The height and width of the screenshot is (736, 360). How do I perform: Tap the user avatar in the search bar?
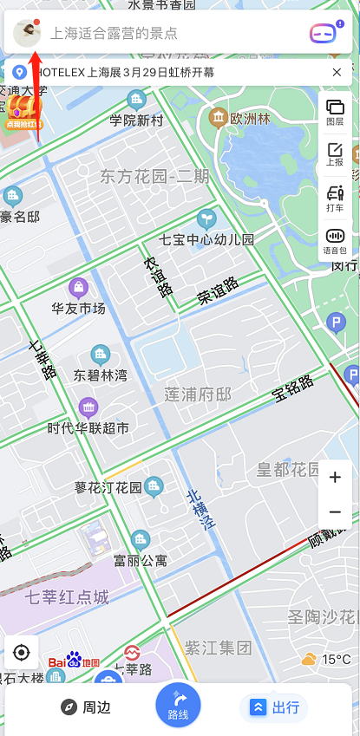click(x=28, y=33)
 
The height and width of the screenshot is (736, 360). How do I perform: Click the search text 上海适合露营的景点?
click(x=115, y=34)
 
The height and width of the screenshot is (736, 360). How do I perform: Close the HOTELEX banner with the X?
click(x=337, y=72)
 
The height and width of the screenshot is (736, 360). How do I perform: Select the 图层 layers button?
click(x=335, y=112)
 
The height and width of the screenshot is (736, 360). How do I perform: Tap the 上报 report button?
click(x=335, y=154)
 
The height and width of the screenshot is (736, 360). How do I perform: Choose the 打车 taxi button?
click(x=335, y=197)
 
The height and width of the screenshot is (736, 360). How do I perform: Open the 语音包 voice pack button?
click(x=335, y=240)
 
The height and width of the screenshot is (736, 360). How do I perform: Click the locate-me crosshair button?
click(x=23, y=652)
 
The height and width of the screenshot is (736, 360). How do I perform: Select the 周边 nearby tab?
click(x=86, y=707)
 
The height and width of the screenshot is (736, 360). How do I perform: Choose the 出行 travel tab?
click(x=275, y=707)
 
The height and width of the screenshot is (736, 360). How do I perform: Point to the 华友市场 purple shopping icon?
click(x=79, y=287)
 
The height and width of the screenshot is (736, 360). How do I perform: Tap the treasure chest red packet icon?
click(x=23, y=111)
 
